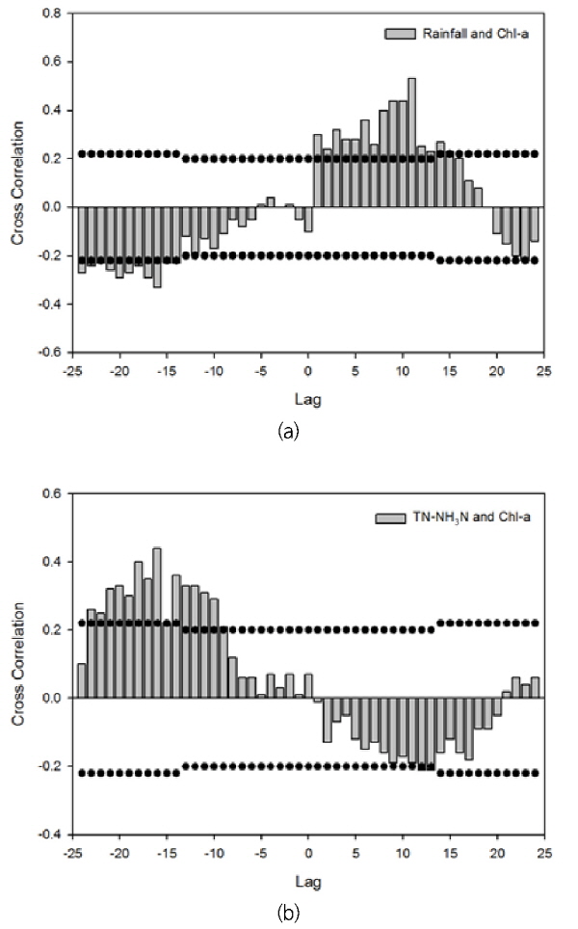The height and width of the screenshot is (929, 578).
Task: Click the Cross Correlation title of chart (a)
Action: [x=17, y=183]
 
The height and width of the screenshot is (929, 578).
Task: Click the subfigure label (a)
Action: [x=287, y=433]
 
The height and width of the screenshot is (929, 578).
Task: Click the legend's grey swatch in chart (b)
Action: [x=384, y=518]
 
